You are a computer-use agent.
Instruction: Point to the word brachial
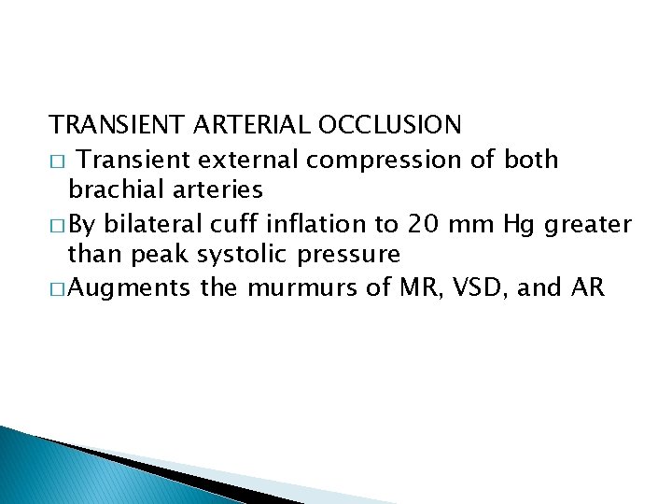click(111, 190)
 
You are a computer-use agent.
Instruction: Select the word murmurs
click(292, 289)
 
